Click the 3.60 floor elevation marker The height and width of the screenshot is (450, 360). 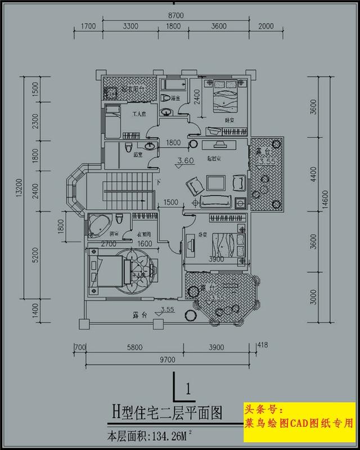tap(186, 161)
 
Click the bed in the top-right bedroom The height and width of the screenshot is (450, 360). tap(223, 96)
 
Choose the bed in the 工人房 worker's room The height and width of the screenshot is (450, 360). tap(112, 124)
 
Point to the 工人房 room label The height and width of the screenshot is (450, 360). tap(138, 114)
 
